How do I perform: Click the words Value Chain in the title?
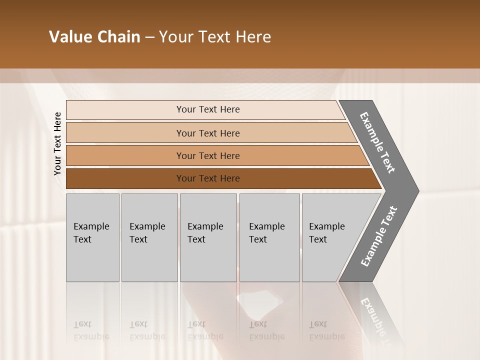click(x=94, y=37)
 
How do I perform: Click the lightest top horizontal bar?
click(x=125, y=110)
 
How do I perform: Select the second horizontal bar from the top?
click(x=125, y=133)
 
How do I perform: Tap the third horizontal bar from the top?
click(x=125, y=156)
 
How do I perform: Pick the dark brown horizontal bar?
click(x=125, y=178)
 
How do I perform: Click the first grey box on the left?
click(x=92, y=260)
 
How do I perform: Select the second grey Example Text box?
click(x=149, y=260)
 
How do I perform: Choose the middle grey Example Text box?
click(x=208, y=260)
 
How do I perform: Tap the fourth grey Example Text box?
click(x=269, y=260)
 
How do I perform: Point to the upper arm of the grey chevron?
click(x=378, y=142)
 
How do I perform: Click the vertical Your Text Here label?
click(x=57, y=143)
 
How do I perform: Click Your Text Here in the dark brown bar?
click(x=208, y=178)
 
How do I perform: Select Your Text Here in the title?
click(x=215, y=37)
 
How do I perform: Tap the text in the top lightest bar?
click(x=208, y=109)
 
